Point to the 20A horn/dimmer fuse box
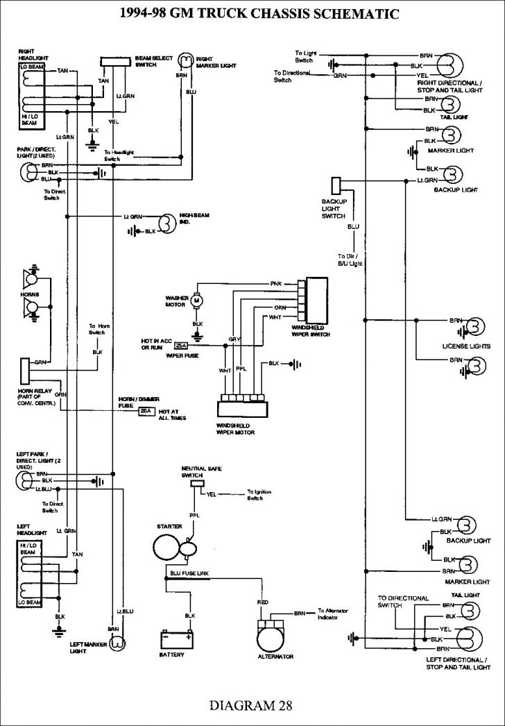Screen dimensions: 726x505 tap(146, 411)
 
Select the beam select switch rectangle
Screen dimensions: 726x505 tap(114, 62)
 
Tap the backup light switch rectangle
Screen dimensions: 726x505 tap(336, 185)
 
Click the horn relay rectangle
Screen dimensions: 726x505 tap(25, 370)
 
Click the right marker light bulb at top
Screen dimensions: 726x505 tap(186, 59)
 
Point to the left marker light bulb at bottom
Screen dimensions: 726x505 tap(118, 643)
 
